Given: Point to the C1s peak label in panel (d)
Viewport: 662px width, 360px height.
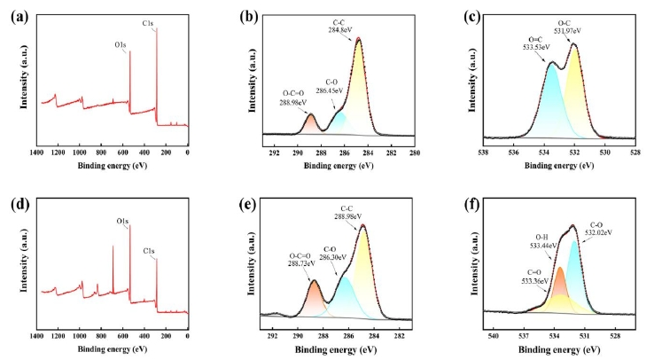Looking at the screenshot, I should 149,252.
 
